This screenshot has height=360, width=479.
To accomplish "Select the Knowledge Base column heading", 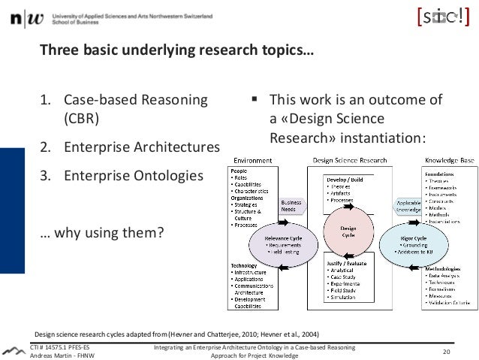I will (x=449, y=161).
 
